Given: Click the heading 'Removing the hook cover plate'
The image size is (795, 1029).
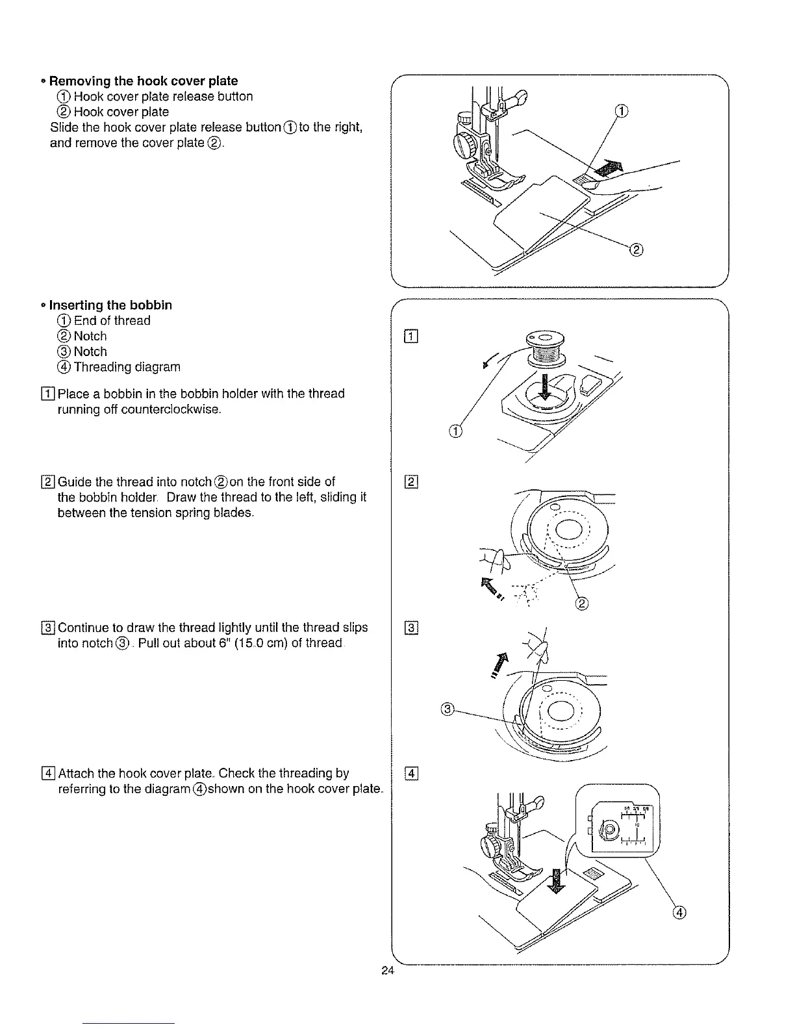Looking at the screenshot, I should click(144, 81).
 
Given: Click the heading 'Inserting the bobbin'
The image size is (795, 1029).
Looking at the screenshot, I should click(110, 305).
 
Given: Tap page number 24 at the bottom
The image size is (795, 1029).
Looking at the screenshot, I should click(388, 971).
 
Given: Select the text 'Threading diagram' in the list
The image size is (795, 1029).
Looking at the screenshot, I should click(127, 367).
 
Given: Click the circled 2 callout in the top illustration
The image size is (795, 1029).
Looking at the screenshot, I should click(637, 249).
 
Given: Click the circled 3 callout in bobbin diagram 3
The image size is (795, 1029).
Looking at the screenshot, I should click(446, 709).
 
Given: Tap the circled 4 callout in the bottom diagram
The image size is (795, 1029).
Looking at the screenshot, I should click(679, 912).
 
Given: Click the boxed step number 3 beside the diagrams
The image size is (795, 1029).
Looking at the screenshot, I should click(412, 628).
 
